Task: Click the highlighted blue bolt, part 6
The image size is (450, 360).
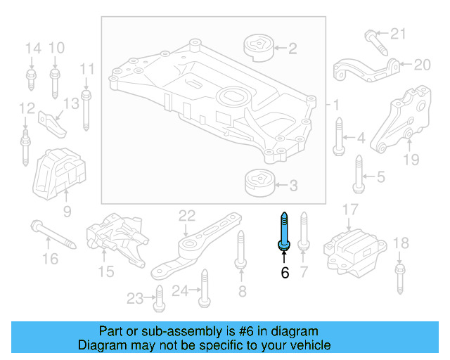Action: click(x=284, y=230)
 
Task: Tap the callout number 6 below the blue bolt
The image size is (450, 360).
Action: click(x=285, y=273)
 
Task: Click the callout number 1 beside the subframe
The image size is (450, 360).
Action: click(x=336, y=105)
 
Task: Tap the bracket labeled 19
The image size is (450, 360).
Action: click(x=401, y=120)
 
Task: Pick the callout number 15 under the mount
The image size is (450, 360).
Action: click(x=105, y=271)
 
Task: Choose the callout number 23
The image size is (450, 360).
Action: click(x=134, y=298)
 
